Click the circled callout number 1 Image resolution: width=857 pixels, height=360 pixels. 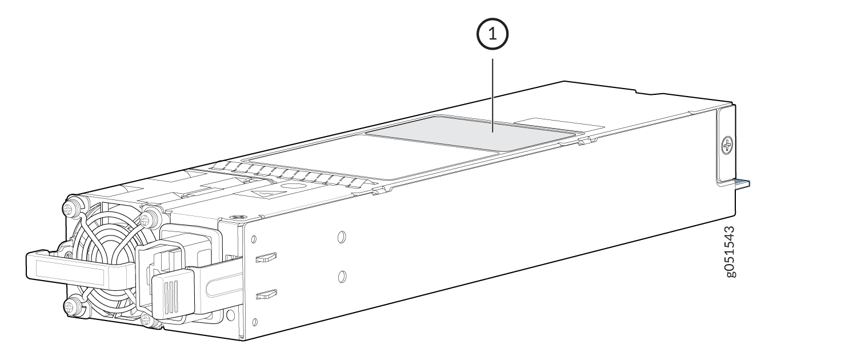coord(492,34)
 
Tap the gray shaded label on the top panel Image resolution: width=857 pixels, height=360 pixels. coord(474,135)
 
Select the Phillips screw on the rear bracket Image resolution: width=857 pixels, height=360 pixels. coord(727,146)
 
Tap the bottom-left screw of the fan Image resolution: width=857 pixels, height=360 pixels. coord(71,307)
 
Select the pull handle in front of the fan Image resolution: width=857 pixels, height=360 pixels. coord(77,270)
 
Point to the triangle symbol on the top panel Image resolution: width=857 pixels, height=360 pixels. coord(266,193)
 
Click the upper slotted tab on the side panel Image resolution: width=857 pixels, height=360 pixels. coord(266,258)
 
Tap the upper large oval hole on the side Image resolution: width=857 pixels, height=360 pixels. coord(342,237)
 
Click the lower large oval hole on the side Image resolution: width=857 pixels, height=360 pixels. coord(342,276)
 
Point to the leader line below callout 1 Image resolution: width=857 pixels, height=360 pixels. coord(492,95)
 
